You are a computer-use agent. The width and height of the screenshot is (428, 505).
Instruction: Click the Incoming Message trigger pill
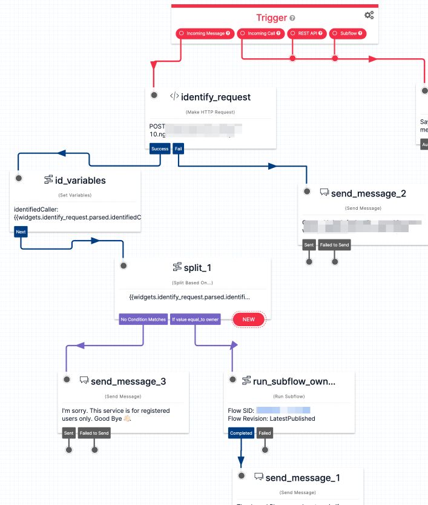pos(204,33)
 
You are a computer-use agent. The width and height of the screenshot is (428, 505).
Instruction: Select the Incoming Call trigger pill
pos(260,33)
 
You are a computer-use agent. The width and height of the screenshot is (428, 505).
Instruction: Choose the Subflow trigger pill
pos(348,33)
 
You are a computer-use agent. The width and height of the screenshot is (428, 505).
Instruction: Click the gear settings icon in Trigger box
pos(369,16)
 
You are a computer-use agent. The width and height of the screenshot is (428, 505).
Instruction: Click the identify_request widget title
pos(215,96)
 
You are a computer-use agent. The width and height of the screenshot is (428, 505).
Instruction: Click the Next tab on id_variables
pos(21,231)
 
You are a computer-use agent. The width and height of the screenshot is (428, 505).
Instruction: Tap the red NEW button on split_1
pos(249,319)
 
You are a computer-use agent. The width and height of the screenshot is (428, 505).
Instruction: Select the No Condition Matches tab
pos(143,319)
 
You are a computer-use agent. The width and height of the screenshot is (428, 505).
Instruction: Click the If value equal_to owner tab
pos(195,319)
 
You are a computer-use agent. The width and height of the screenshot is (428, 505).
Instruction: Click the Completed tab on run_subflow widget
pos(240,433)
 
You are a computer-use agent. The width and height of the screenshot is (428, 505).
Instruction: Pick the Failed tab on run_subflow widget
pos(265,433)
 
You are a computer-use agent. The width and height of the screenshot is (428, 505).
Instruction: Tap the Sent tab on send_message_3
pos(69,433)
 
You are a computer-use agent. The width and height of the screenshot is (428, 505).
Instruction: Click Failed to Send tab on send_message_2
pos(335,245)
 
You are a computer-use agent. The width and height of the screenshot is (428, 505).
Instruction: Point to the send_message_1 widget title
pos(302,478)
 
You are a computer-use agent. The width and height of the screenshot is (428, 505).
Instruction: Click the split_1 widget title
pos(198,267)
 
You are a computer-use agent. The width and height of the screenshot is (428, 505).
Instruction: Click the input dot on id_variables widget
pos(19,178)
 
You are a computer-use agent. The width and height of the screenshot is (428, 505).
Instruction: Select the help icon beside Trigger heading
pos(293,18)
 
